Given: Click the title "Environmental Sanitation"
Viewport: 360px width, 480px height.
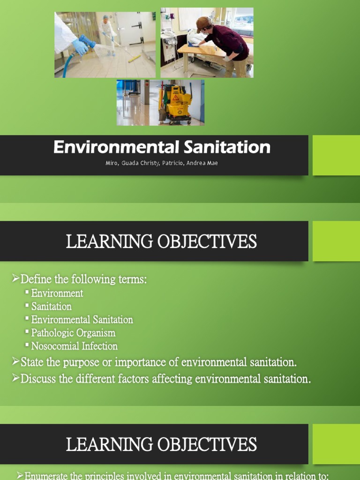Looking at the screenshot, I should click(x=162, y=147).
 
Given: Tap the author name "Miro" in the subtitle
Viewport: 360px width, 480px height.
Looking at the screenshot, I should click(x=112, y=164).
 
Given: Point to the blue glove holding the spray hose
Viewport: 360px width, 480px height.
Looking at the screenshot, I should click(x=80, y=46).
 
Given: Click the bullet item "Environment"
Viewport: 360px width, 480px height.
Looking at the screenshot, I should click(x=57, y=293).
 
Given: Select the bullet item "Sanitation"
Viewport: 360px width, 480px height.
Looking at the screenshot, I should click(x=52, y=307).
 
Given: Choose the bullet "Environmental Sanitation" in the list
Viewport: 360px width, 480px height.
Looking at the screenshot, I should click(x=82, y=320).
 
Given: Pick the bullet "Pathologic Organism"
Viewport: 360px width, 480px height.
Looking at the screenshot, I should click(x=73, y=333).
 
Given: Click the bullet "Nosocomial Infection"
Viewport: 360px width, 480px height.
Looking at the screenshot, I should click(x=74, y=346).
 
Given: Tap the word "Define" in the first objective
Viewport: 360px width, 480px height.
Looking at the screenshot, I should click(x=36, y=279).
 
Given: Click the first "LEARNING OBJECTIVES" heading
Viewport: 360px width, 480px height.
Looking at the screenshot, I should click(x=161, y=242).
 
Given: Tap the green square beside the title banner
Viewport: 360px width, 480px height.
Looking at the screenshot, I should click(x=336, y=155).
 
